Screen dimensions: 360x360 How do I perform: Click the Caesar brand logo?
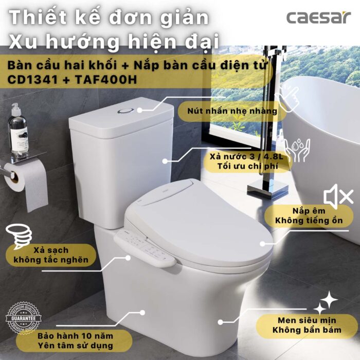pos(319,17)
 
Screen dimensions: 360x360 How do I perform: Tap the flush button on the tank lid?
pos(125,110)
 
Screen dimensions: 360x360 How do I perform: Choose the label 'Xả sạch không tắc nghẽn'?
pos(51,254)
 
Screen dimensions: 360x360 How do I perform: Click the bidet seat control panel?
pos(145,247)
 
